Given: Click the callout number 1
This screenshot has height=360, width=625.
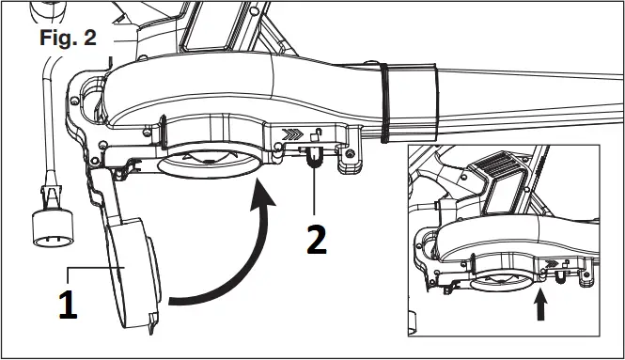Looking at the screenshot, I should pos(67,305).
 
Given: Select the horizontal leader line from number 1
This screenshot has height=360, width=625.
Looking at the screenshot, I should pos(89,268).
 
